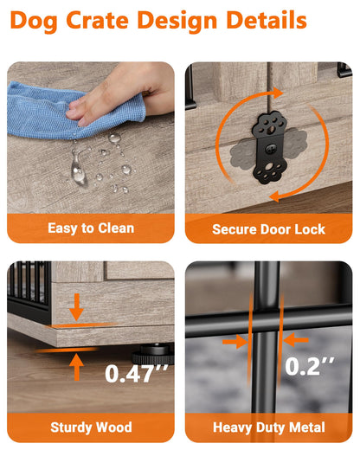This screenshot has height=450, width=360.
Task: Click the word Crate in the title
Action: (x=98, y=20)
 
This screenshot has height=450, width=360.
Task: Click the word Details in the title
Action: (x=267, y=20)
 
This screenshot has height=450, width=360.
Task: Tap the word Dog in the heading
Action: (x=34, y=22)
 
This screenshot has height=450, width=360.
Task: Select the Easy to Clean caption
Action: (x=91, y=228)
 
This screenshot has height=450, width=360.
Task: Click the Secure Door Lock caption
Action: (x=268, y=229)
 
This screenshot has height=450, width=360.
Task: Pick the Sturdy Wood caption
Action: (x=91, y=427)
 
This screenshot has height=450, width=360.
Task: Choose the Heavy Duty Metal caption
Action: (x=269, y=427)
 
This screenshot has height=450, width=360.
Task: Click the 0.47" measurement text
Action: (x=136, y=373)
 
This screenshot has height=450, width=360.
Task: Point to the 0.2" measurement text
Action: (x=309, y=366)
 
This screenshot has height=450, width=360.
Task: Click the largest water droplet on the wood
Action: (x=78, y=170)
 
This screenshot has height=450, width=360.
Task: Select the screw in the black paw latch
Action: (x=270, y=149)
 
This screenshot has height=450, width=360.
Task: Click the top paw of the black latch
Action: (x=270, y=125)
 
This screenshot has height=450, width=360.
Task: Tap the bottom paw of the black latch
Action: (x=270, y=171)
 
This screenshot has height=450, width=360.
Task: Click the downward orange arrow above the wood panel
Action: (x=76, y=307)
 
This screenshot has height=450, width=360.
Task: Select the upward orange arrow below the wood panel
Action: (x=76, y=367)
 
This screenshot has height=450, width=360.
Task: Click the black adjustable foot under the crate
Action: (x=153, y=353)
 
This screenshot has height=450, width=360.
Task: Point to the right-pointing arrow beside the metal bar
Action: (x=235, y=342)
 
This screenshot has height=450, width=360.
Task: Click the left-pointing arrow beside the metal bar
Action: (x=296, y=340)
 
